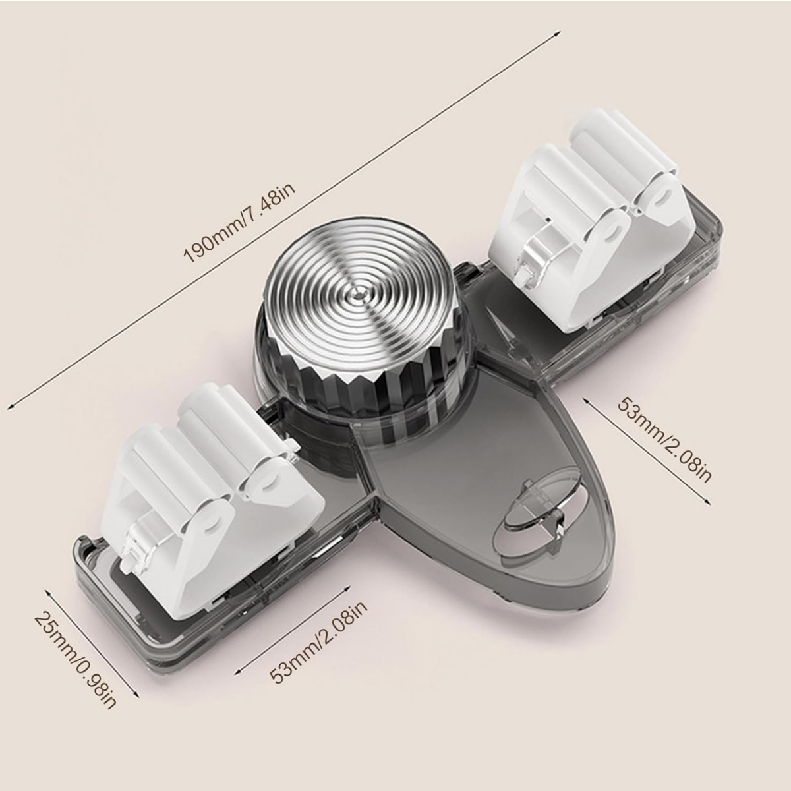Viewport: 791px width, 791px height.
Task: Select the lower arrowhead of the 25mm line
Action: click(x=138, y=696)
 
